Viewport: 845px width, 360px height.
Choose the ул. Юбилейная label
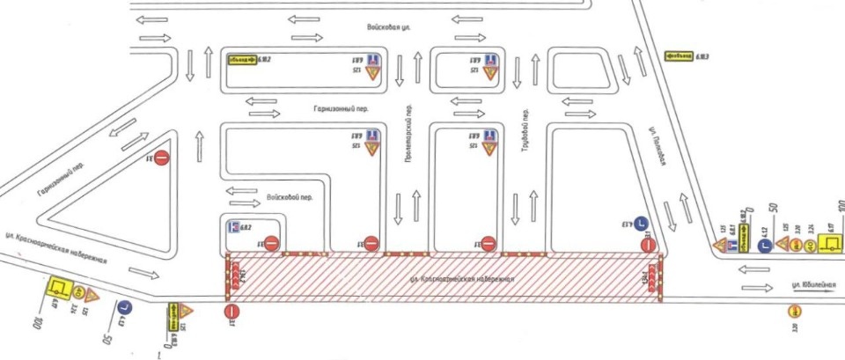[x=807, y=285]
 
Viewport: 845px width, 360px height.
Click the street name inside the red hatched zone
[x=463, y=278]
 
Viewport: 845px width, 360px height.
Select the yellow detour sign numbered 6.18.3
[x=679, y=55]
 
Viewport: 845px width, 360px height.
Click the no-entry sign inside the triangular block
[x=163, y=158]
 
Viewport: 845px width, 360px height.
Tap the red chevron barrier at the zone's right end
[x=654, y=276]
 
